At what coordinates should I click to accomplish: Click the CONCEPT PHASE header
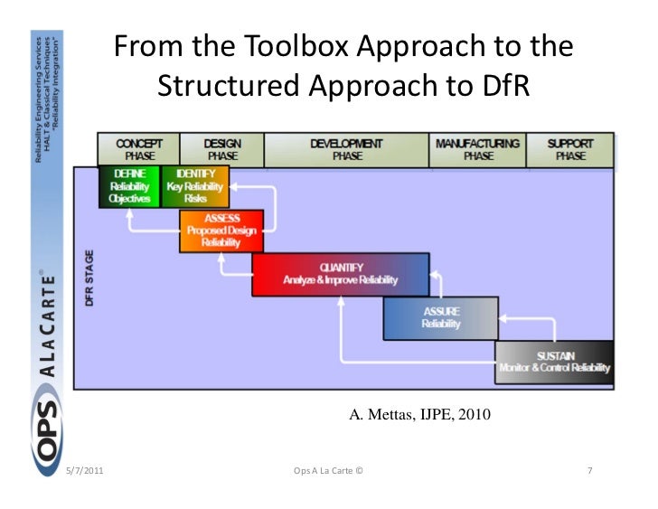pos(139,149)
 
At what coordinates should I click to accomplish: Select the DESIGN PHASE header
pos(221,149)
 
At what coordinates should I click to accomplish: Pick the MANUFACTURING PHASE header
pos(477,149)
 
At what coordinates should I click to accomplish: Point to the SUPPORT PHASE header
pos(569,149)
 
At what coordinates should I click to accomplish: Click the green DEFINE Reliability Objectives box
pos(129,185)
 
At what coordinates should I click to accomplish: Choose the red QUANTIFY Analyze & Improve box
pos(340,274)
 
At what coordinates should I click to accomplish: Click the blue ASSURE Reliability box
pos(440,318)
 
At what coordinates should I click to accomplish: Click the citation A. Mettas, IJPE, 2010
pos(418,416)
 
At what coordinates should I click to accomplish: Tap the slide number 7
pos(589,472)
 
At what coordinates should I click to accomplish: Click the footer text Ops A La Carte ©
pos(329,472)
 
